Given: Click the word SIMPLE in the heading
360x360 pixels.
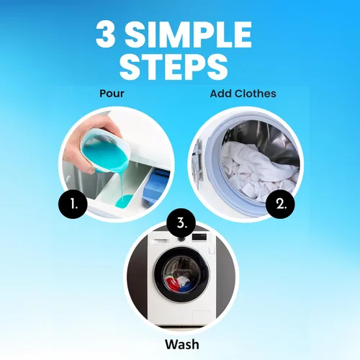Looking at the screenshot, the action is pyautogui.click(x=188, y=35).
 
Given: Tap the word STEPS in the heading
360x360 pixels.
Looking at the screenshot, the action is pyautogui.click(x=174, y=66).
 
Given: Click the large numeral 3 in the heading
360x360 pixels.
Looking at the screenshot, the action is pyautogui.click(x=106, y=35).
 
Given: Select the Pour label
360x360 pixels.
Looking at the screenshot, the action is pyautogui.click(x=112, y=94).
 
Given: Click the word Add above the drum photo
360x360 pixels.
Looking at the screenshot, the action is pyautogui.click(x=221, y=94).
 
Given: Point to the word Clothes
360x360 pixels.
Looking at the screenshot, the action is pyautogui.click(x=256, y=94).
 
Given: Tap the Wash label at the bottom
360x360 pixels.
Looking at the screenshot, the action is pyautogui.click(x=182, y=344).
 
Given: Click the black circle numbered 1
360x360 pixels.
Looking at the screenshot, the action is pyautogui.click(x=73, y=204).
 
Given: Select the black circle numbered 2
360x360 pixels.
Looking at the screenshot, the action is pyautogui.click(x=280, y=204).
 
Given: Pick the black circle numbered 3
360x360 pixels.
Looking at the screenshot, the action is pyautogui.click(x=181, y=223).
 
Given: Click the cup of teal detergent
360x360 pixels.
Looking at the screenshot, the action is pyautogui.click(x=106, y=150).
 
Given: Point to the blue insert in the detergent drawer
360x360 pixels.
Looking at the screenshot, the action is pyautogui.click(x=155, y=186).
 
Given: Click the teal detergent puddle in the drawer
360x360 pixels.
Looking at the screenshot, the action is pyautogui.click(x=123, y=201).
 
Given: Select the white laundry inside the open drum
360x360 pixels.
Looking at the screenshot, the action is pyautogui.click(x=258, y=169).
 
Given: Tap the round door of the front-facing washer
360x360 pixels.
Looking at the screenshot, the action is pyautogui.click(x=181, y=275).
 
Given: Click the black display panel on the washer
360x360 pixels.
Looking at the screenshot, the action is pyautogui.click(x=199, y=237).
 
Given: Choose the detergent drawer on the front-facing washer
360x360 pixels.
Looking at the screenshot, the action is pyautogui.click(x=163, y=240).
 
